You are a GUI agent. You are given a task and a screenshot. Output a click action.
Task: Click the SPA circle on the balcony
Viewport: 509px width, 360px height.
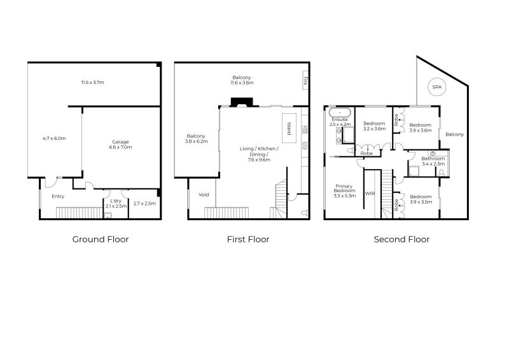coord(436,87)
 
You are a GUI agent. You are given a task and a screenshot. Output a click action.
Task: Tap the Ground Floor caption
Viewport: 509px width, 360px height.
coord(101,240)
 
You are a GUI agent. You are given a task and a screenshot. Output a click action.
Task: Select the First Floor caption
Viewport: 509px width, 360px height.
coord(248,240)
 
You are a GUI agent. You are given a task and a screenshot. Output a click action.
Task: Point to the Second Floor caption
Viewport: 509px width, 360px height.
coord(401,240)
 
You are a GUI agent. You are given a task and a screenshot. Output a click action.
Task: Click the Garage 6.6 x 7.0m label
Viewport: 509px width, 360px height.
coord(121,144)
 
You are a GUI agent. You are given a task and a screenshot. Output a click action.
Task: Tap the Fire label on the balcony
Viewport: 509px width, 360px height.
coord(305,81)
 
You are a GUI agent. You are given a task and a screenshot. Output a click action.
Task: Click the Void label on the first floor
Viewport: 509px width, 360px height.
coord(204,195)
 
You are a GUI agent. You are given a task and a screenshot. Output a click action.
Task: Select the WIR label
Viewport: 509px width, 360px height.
coord(370,193)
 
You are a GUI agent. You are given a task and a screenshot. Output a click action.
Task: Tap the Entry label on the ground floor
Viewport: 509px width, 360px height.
coord(58,197)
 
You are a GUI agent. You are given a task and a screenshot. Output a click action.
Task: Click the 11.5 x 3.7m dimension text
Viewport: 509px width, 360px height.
coord(92,83)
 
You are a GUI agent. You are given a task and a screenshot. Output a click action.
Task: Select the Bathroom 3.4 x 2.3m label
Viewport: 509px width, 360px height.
coord(433,161)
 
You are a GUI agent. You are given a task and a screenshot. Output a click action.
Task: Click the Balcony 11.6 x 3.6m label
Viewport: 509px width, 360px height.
coord(242,80)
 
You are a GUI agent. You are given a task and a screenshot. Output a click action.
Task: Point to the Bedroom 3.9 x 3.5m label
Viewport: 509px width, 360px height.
coord(420,199)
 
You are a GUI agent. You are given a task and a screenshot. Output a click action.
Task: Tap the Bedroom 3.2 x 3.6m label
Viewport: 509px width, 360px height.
coord(374,127)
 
